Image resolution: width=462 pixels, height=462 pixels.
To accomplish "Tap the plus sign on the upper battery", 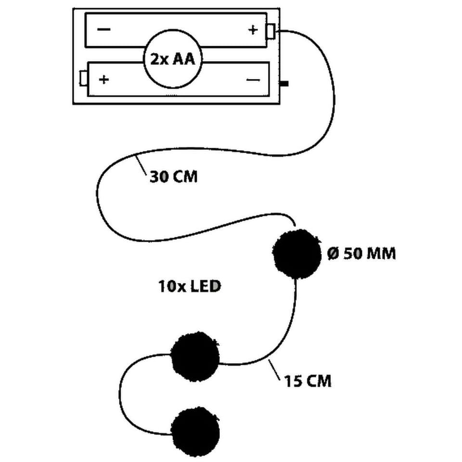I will point(253,30).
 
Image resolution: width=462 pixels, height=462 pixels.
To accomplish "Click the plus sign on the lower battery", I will point(103,79).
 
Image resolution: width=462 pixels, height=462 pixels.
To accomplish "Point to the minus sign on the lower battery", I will point(253,79).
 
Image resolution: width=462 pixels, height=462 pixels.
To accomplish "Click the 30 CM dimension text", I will point(173,177).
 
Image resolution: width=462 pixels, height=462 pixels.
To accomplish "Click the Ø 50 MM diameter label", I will point(361,254).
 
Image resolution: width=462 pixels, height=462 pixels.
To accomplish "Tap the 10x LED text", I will point(190,287).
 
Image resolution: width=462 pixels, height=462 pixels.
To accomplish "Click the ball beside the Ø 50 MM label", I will point(297,254).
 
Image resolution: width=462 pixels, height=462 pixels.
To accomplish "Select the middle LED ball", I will point(195,357).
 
